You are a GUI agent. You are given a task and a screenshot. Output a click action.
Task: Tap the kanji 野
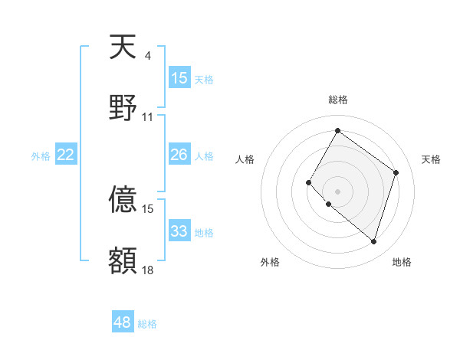[x=123, y=108]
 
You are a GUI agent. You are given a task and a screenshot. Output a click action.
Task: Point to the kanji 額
[x=123, y=260]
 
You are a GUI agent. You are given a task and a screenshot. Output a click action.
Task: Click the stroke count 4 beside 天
[x=147, y=56]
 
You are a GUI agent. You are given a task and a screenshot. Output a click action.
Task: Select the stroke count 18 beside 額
[x=147, y=270]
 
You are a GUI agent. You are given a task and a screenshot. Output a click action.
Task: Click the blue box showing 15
[x=179, y=78]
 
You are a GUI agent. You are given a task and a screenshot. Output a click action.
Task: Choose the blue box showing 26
[x=179, y=155]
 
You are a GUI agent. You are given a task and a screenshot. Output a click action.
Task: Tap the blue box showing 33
[x=179, y=231]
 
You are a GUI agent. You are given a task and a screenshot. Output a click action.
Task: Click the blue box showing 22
[x=66, y=155]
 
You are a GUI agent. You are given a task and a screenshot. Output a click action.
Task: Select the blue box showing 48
[x=123, y=322]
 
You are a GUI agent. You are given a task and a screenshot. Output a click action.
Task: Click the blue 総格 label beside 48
[x=147, y=324]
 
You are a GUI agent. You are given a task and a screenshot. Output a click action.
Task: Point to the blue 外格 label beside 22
[x=41, y=156]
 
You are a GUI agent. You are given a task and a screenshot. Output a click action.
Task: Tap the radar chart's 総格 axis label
[x=337, y=100]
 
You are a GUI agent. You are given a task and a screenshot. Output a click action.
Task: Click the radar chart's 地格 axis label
[x=402, y=262]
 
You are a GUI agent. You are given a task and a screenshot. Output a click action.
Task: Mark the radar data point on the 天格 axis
[x=396, y=172]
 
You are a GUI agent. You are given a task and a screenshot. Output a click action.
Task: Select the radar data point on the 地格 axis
[x=373, y=241]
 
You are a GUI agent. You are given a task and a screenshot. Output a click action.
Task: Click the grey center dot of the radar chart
[x=337, y=191]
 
